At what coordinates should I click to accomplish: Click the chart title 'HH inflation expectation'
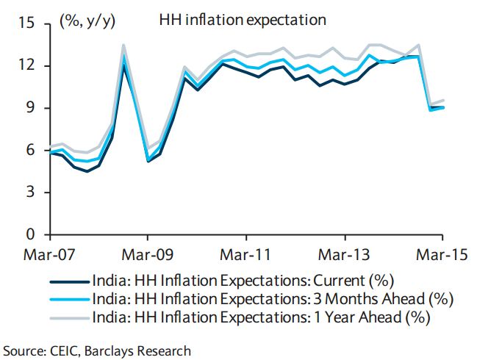(x=242, y=20)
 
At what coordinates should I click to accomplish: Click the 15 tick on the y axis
(x=26, y=24)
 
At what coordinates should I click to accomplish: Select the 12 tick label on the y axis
(x=26, y=66)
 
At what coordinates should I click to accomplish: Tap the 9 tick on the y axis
(x=30, y=108)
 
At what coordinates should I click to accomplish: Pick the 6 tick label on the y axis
(x=30, y=151)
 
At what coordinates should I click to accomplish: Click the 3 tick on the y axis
(x=30, y=192)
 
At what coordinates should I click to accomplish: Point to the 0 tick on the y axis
(x=30, y=235)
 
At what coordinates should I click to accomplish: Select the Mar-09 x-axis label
(x=148, y=256)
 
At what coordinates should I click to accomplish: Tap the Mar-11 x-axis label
(x=246, y=256)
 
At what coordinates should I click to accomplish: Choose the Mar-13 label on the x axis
(x=345, y=256)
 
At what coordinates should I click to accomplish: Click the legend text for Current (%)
(x=243, y=280)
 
